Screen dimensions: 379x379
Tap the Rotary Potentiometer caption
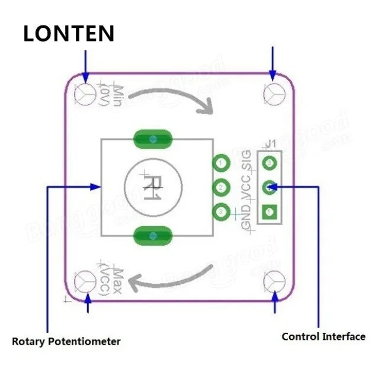pos(66,341)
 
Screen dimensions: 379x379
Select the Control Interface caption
pos(323,336)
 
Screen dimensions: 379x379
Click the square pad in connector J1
pos(270,211)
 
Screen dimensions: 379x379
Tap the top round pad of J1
pos(270,162)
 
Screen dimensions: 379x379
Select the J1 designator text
pos(271,143)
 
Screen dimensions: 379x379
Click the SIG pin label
pos(246,160)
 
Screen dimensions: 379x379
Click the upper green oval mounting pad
pos(153,139)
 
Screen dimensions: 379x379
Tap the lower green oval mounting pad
pos(153,235)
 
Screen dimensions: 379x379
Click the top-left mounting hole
pos(86,94)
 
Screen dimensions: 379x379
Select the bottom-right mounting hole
pos(274,280)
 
